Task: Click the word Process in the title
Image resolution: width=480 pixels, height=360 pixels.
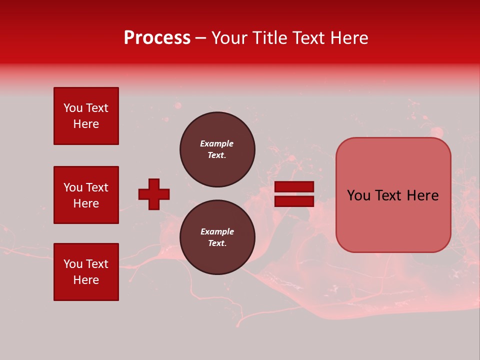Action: tap(157, 38)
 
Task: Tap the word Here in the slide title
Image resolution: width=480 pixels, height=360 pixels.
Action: tap(348, 38)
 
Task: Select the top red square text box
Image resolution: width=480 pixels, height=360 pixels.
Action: tap(86, 116)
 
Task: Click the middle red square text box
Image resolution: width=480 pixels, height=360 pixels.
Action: tap(86, 195)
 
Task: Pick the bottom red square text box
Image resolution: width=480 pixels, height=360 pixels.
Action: tap(86, 272)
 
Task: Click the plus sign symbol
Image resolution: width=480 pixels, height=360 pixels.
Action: tap(154, 194)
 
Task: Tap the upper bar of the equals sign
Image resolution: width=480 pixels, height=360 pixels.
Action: tap(294, 186)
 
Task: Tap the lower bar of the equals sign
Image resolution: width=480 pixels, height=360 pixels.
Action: tap(294, 201)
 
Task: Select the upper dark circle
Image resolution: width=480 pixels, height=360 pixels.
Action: tap(217, 149)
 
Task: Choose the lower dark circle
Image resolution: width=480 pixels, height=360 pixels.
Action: tap(217, 237)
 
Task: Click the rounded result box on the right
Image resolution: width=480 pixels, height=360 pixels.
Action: tap(393, 195)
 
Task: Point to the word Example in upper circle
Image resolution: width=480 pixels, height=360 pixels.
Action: tap(217, 143)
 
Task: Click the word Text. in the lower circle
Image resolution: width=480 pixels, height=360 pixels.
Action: tap(217, 243)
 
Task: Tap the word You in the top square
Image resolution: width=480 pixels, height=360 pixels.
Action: tap(73, 108)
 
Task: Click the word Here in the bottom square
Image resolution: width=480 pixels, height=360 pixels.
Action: tap(86, 280)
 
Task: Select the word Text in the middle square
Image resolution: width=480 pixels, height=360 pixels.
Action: tap(97, 187)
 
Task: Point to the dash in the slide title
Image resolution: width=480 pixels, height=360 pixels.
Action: tap(200, 38)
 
